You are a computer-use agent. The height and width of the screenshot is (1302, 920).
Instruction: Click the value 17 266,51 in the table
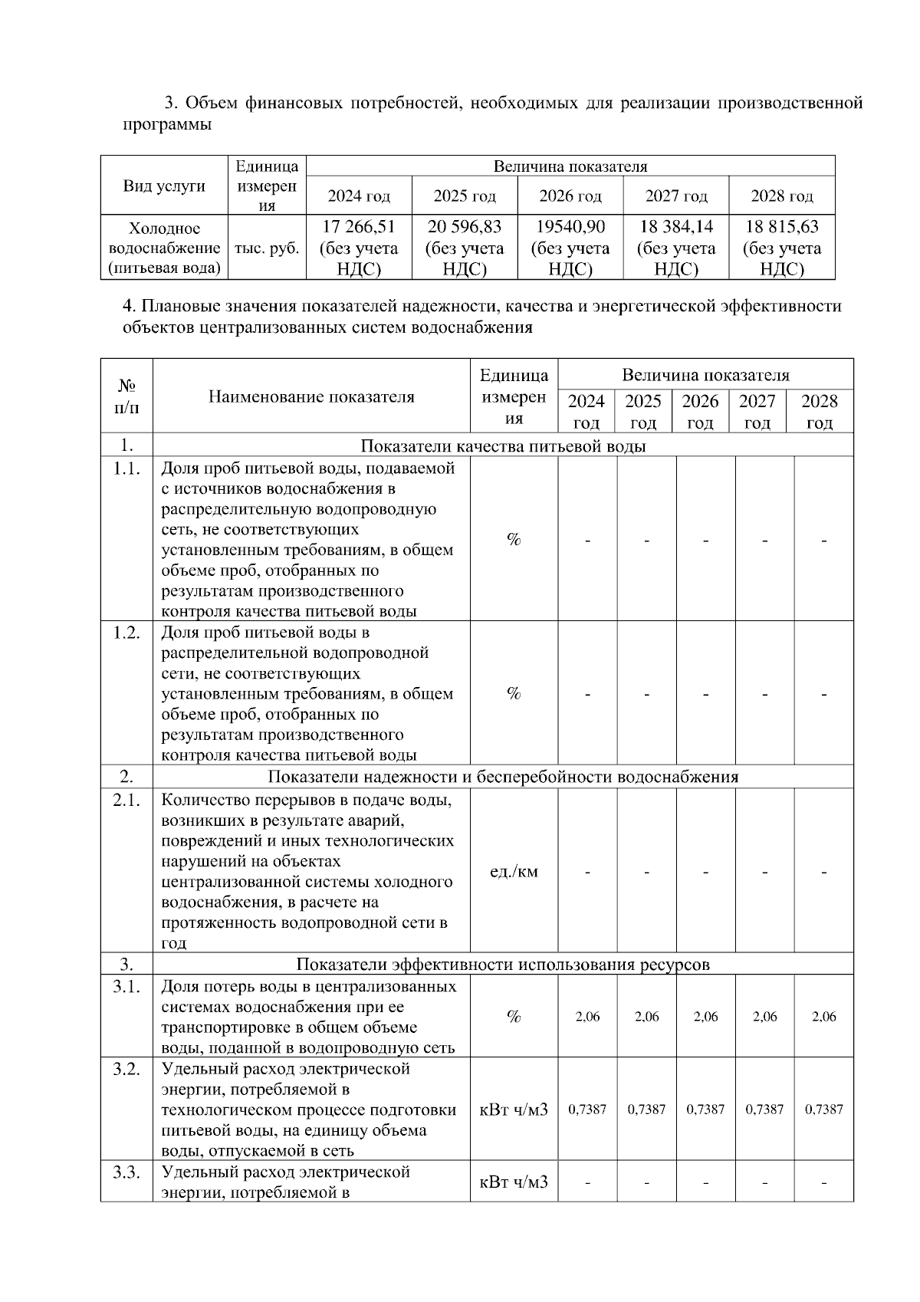pos(358,227)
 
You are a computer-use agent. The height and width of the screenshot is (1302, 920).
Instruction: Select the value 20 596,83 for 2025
pos(464,227)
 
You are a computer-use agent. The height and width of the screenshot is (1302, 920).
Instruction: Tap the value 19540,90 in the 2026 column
pos(570,227)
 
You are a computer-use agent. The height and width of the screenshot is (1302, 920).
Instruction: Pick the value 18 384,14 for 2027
pos(675,227)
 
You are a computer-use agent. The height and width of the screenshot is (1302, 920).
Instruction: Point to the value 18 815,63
pos(781,227)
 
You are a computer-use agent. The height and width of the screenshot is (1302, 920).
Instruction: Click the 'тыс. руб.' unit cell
pos(266,248)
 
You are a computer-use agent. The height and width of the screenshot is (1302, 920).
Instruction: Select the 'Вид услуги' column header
pos(164,186)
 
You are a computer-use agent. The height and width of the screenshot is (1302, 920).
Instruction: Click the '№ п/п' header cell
pos(127,396)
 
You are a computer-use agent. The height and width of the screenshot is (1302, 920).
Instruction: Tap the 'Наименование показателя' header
pos(311,396)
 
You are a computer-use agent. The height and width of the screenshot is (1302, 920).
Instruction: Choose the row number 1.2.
pos(127,633)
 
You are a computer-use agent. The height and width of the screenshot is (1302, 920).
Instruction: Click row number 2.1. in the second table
pos(127,801)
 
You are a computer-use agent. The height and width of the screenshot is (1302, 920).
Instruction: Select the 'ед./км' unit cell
pos(514,872)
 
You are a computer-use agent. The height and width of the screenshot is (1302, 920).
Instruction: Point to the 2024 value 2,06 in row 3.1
pos(587,1017)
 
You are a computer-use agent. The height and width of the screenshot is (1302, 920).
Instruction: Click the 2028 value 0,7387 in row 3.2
pos(823,1110)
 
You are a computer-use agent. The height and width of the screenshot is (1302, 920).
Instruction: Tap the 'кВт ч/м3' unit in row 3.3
pos(514,1182)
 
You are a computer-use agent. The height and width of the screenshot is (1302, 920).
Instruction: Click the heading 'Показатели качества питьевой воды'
pos(503,446)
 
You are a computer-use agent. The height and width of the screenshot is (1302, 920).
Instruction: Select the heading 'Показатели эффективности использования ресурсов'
pos(503,965)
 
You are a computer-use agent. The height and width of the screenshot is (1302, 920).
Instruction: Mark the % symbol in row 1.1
pos(514,540)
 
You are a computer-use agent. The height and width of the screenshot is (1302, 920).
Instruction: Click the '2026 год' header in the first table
pos(570,196)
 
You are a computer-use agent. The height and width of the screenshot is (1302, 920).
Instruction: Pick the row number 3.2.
pos(127,1069)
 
